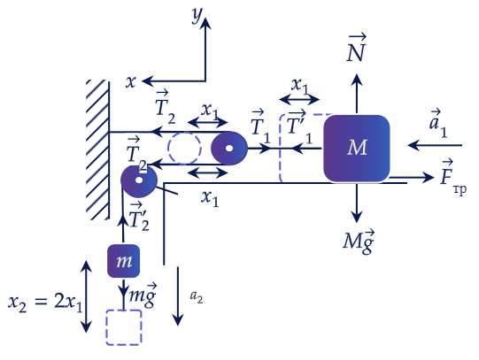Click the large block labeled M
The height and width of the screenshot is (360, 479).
pyautogui.click(x=357, y=149)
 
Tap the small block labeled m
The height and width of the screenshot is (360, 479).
pyautogui.click(x=123, y=261)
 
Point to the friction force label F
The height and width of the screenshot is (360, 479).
pyautogui.click(x=453, y=177)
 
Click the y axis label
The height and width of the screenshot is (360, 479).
pyautogui.click(x=197, y=14)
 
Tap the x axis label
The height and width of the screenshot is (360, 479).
pyautogui.click(x=131, y=81)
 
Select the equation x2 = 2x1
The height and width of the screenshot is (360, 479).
pyautogui.click(x=45, y=303)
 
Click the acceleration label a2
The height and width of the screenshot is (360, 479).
pyautogui.click(x=197, y=296)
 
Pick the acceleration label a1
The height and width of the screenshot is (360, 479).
pyautogui.click(x=438, y=123)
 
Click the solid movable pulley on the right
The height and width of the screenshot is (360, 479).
pyautogui.click(x=229, y=149)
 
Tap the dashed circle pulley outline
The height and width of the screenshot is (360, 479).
pyautogui.click(x=184, y=149)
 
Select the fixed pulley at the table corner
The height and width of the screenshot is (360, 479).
pyautogui.click(x=139, y=181)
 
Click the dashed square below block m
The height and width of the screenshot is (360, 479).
pyautogui.click(x=124, y=327)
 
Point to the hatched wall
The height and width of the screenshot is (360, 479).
pyautogui.click(x=97, y=149)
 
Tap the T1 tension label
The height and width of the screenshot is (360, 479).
pyautogui.click(x=260, y=126)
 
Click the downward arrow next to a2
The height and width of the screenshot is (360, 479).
pyautogui.click(x=178, y=296)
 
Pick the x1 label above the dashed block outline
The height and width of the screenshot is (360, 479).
pyautogui.click(x=299, y=86)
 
